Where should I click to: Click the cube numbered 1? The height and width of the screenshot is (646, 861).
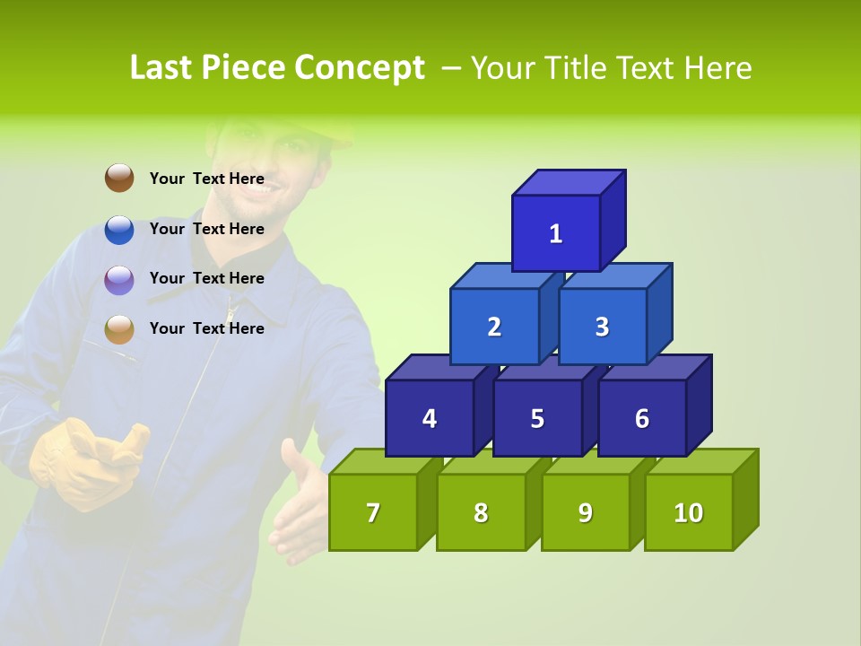click(x=556, y=233)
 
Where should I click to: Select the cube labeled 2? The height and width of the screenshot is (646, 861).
click(x=494, y=327)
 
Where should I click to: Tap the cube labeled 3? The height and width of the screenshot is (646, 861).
click(x=602, y=327)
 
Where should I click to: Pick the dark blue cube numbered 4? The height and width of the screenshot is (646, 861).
click(x=430, y=418)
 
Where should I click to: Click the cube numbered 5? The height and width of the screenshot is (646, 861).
click(x=537, y=418)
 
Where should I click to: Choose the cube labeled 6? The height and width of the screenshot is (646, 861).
click(x=642, y=418)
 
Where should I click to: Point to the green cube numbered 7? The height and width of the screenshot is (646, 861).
click(x=373, y=512)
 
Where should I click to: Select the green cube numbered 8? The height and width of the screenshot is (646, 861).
click(x=481, y=512)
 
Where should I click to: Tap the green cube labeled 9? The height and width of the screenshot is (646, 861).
click(x=586, y=512)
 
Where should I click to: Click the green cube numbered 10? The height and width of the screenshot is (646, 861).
click(x=689, y=512)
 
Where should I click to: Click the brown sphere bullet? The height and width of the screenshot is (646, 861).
click(x=119, y=178)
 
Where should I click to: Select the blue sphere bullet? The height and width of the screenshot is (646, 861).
click(x=119, y=230)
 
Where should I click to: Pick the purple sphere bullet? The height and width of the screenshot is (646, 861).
click(x=119, y=280)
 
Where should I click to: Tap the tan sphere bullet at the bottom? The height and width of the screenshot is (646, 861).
click(x=119, y=329)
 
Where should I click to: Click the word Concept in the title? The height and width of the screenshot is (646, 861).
click(x=359, y=68)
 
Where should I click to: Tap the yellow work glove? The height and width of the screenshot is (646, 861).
click(x=85, y=462)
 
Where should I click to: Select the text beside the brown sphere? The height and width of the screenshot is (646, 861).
click(x=206, y=179)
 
